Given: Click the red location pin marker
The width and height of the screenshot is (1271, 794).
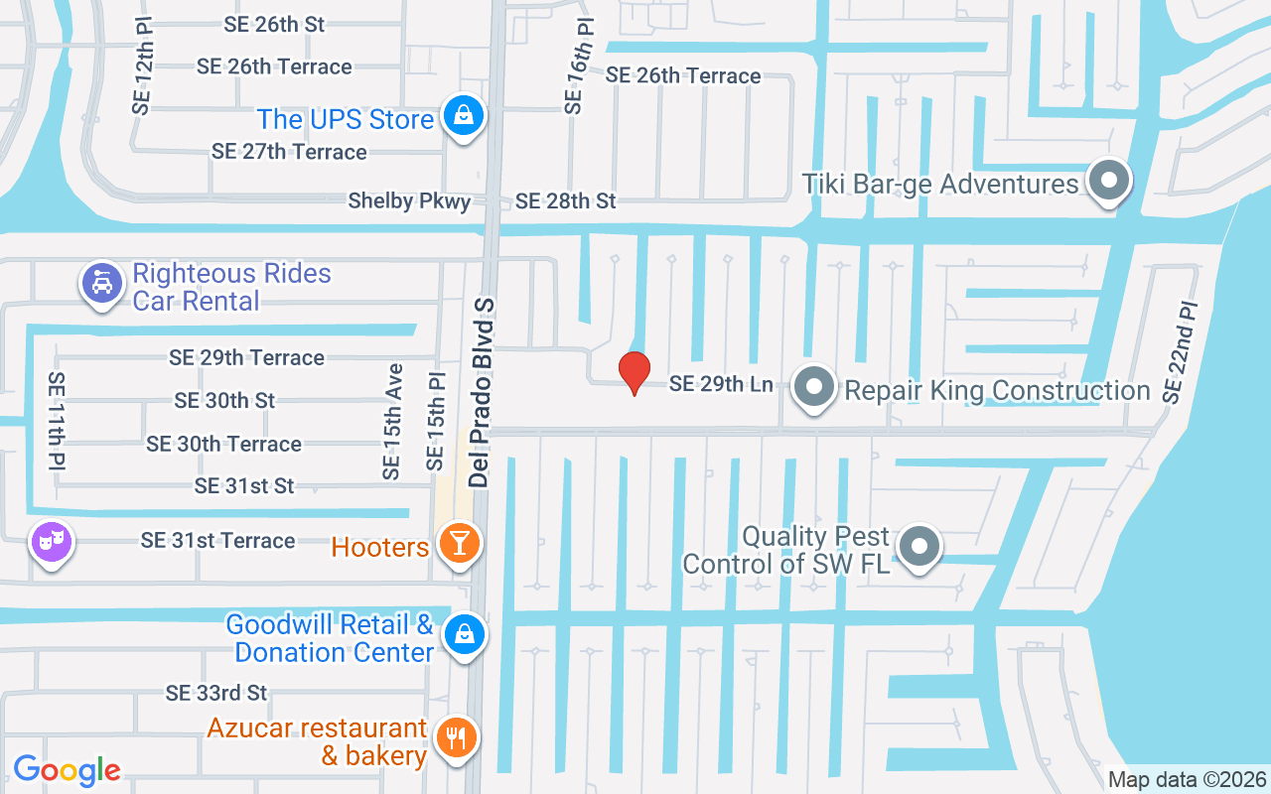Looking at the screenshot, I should pyautogui.click(x=634, y=372).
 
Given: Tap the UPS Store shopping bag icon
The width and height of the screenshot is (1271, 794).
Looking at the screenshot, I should pyautogui.click(x=463, y=115).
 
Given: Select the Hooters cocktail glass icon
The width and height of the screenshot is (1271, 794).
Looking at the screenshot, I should pyautogui.click(x=458, y=544).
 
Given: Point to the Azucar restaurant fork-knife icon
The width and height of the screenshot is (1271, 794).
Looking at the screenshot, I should pyautogui.click(x=456, y=737).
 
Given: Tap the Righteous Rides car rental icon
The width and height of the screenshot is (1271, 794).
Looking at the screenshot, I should pyautogui.click(x=101, y=284).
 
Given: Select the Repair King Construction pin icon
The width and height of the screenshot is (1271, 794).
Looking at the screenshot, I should pyautogui.click(x=815, y=388).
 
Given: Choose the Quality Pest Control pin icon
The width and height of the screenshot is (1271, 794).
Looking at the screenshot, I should pyautogui.click(x=919, y=546).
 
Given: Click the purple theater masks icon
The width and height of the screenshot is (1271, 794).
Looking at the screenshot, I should pyautogui.click(x=52, y=541).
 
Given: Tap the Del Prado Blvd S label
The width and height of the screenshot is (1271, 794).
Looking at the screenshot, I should pyautogui.click(x=482, y=392).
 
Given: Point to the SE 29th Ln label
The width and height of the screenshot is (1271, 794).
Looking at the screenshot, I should pyautogui.click(x=721, y=383).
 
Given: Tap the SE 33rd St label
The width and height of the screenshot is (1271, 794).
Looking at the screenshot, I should pyautogui.click(x=216, y=692).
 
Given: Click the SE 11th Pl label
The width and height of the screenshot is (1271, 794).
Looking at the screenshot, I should pyautogui.click(x=57, y=421).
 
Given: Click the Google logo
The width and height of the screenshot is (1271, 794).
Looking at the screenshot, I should pyautogui.click(x=67, y=769).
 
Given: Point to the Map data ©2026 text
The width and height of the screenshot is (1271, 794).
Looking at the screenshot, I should pyautogui.click(x=1187, y=780).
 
